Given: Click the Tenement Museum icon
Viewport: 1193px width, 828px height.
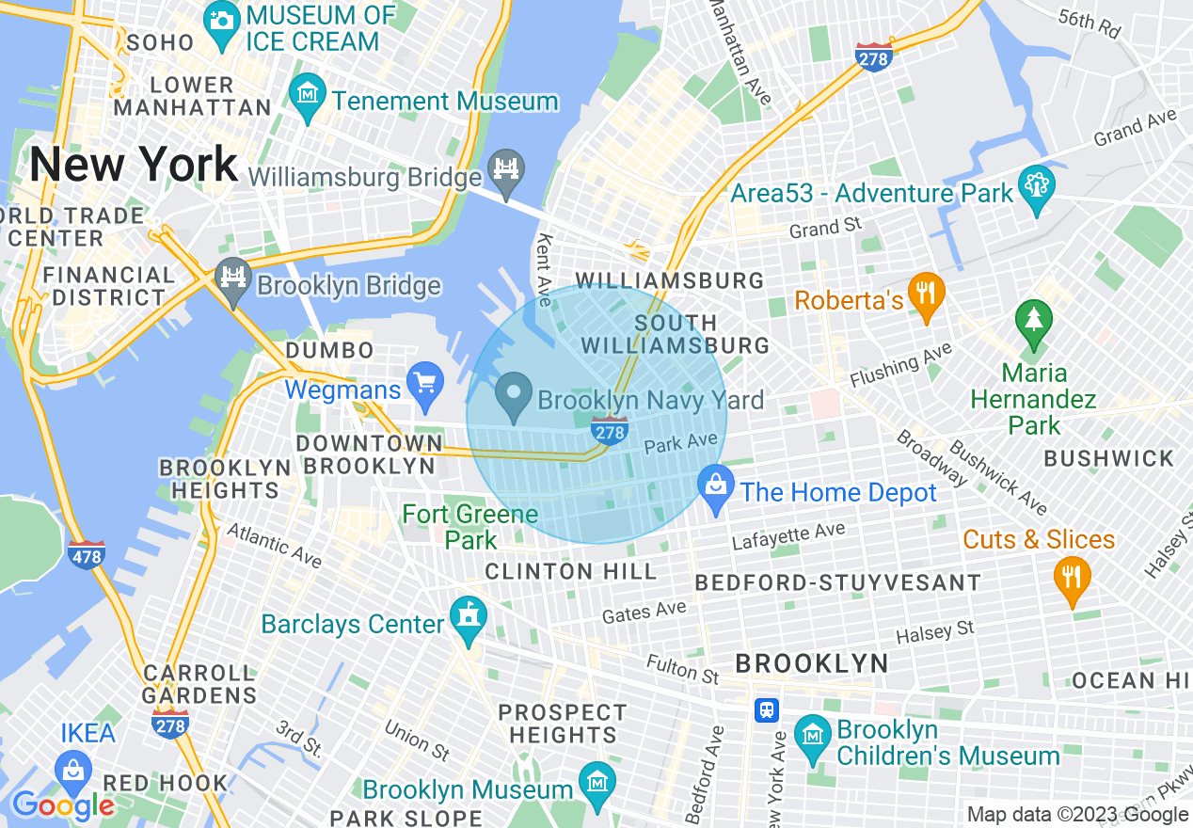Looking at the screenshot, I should pos(308,97).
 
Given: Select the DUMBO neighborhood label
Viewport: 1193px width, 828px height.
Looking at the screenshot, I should pos(330,350).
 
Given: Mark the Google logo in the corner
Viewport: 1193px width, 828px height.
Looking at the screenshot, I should pos(62,805).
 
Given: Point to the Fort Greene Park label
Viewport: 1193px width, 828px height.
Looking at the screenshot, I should pos(470,527).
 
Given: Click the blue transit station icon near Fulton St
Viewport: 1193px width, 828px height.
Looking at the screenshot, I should pos(768,709).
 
